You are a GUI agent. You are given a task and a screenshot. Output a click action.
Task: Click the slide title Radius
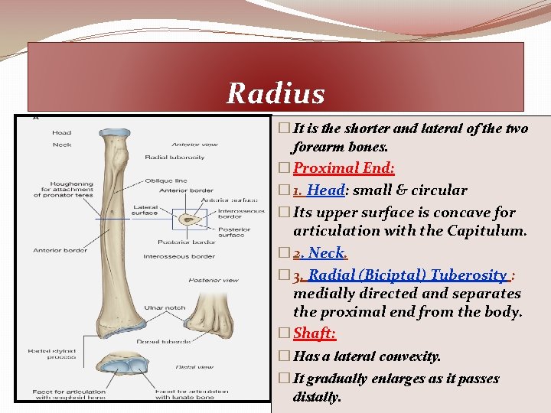pos(275,94)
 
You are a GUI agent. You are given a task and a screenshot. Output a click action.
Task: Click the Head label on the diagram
pos(61,132)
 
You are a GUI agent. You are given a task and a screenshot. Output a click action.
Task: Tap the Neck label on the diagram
pos(61,145)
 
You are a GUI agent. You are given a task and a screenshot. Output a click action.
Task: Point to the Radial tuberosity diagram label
pos(174,158)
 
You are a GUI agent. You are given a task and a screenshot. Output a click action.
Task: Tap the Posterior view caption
pos(214,280)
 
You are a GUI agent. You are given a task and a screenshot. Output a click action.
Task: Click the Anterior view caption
pos(194,145)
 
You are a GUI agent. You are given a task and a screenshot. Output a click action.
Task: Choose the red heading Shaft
pos(315,333)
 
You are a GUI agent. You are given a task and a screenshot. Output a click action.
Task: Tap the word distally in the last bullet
pos(317,397)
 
